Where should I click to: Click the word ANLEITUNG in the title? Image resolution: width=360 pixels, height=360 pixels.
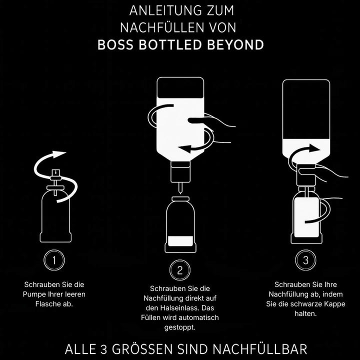(x=158, y=10)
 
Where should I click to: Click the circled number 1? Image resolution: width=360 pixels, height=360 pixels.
(x=54, y=259)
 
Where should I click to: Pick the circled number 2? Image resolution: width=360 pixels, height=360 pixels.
(x=180, y=270)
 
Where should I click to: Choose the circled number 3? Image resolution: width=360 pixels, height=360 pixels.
(x=305, y=259)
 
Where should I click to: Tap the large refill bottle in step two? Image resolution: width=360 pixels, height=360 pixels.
(x=180, y=120)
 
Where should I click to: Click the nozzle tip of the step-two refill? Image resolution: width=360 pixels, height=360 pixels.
(x=180, y=189)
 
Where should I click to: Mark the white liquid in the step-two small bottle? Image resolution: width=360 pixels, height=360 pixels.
(x=180, y=240)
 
